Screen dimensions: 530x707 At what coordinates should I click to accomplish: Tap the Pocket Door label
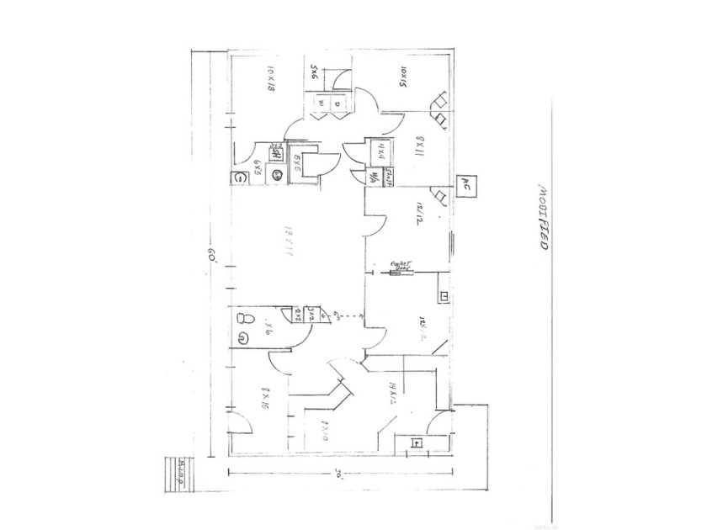pos(400,266)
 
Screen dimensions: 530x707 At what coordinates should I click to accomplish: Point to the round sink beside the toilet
pos(242,339)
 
